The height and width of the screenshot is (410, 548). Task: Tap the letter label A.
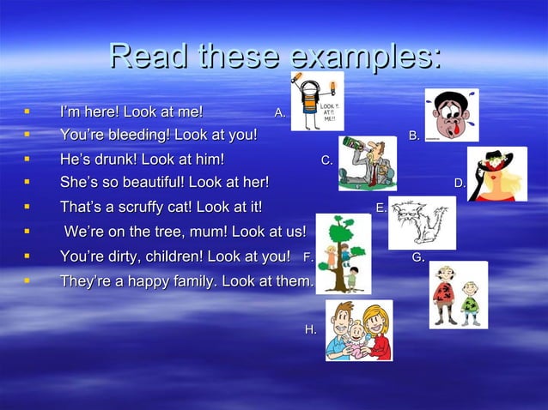[x=279, y=112]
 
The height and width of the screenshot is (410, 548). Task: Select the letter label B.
[x=414, y=136]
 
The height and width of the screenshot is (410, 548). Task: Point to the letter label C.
[x=326, y=160]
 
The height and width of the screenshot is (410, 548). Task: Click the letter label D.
[x=460, y=182]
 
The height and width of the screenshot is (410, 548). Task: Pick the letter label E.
[x=381, y=207]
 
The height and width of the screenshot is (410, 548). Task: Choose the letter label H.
[x=310, y=329]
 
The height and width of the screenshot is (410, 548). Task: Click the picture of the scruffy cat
[x=422, y=222]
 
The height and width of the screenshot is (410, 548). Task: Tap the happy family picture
[x=358, y=330]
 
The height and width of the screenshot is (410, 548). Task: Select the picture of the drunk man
[x=367, y=162]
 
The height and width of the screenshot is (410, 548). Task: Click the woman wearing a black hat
[x=496, y=174]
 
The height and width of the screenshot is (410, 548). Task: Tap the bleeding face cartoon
[x=451, y=115]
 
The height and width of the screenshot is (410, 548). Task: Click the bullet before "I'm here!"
[x=27, y=112]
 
